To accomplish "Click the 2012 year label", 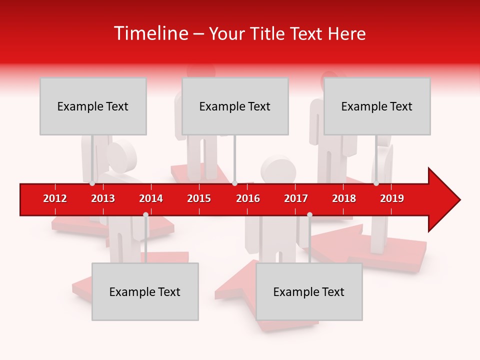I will click(x=55, y=198).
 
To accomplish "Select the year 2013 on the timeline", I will click(x=103, y=198).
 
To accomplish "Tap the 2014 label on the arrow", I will click(x=151, y=198).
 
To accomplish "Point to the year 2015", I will click(x=199, y=198).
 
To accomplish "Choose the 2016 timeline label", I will click(x=248, y=198).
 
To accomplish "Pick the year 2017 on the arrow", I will click(x=296, y=198).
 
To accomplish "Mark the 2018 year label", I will click(x=344, y=198).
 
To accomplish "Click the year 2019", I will click(x=392, y=198).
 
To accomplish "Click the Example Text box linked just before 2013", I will click(x=93, y=106).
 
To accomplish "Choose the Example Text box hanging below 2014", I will click(x=145, y=291).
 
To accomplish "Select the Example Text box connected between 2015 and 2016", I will click(x=235, y=106).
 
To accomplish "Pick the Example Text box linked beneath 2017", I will click(x=309, y=291).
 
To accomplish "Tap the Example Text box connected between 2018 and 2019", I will click(x=377, y=106).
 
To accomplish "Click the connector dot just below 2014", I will click(x=145, y=214).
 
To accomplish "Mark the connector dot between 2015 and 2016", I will click(x=234, y=183).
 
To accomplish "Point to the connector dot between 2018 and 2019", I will click(x=376, y=183).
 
